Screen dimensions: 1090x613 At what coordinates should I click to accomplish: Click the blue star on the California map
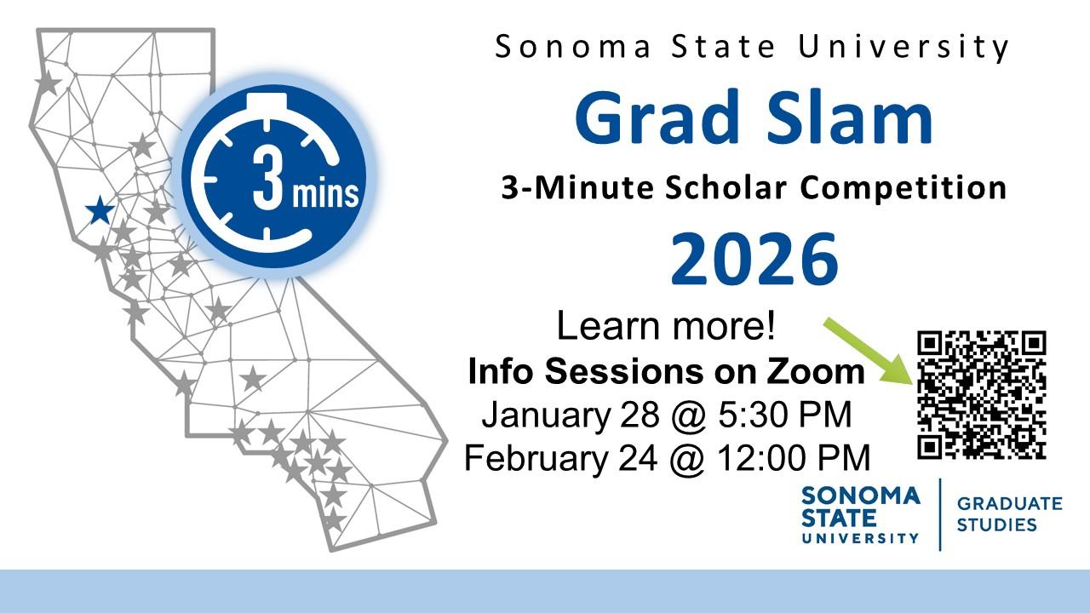click(100, 210)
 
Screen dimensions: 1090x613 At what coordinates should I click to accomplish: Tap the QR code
click(982, 394)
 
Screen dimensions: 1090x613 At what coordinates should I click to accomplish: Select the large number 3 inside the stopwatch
click(267, 178)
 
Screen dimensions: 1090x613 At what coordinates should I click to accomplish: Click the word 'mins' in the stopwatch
click(325, 192)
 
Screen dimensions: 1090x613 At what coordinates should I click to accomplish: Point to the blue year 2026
click(754, 260)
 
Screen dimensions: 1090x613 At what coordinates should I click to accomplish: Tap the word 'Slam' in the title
click(849, 117)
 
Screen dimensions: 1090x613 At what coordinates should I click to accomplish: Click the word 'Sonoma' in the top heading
click(573, 47)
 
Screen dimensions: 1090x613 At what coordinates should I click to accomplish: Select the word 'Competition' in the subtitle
click(904, 188)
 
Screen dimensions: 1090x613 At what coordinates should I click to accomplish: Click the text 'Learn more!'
click(666, 325)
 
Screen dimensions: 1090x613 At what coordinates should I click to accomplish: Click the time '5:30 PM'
click(785, 415)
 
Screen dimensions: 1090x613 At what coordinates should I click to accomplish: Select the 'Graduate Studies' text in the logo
click(1009, 514)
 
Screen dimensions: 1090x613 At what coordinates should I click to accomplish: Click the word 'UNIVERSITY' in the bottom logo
click(860, 538)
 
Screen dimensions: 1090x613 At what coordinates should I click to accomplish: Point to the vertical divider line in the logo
click(939, 514)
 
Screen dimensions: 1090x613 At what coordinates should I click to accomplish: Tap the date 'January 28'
click(571, 415)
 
